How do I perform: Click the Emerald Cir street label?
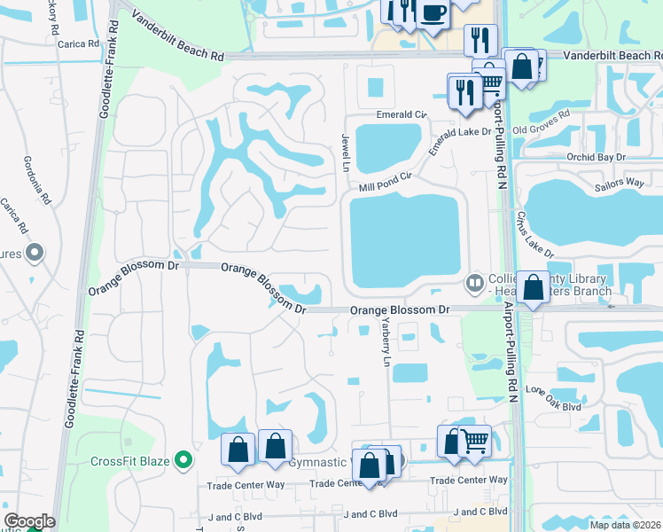coord(402,114)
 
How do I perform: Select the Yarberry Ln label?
coord(385,343)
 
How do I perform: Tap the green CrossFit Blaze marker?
coord(183,460)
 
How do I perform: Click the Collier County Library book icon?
coord(475,283)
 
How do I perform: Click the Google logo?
coord(29,521)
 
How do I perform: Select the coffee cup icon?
coord(433,13)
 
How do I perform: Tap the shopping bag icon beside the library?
coord(533,287)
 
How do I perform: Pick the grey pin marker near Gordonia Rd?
coord(35,254)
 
